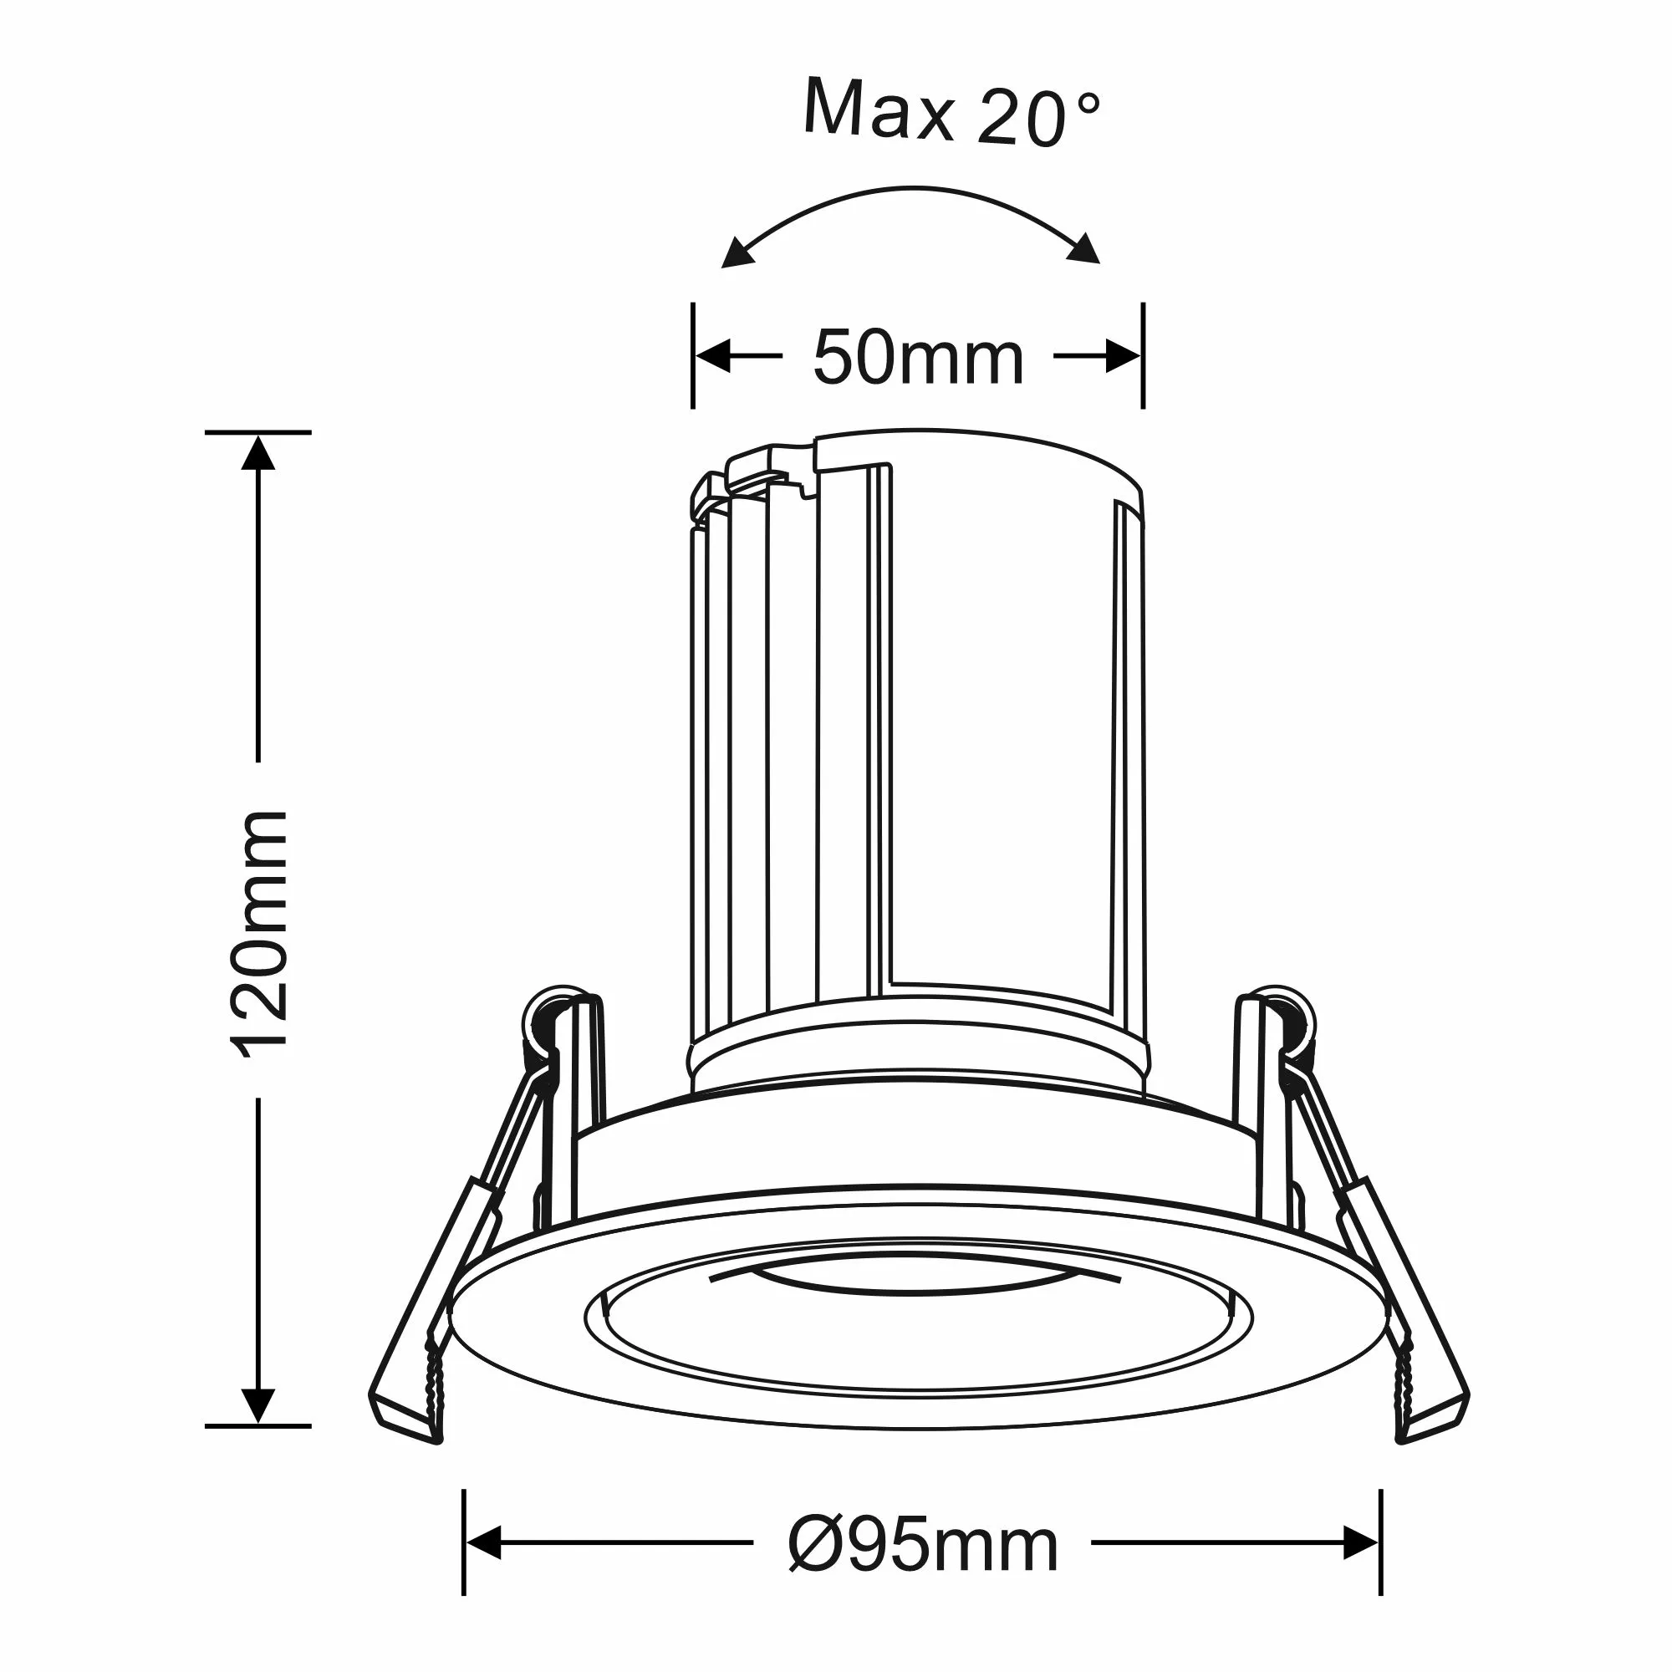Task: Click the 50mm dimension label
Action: click(x=918, y=359)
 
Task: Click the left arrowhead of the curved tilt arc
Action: click(x=737, y=253)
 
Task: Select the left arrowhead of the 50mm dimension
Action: click(x=714, y=355)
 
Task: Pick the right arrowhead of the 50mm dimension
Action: click(x=1123, y=355)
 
